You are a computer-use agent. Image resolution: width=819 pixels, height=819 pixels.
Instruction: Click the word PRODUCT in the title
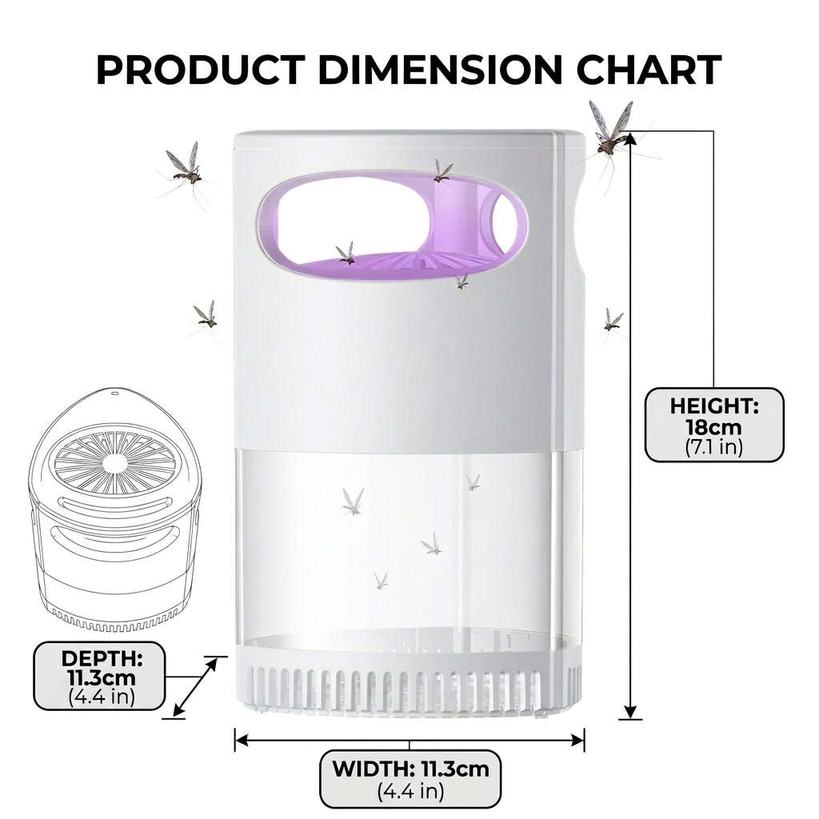[201, 70]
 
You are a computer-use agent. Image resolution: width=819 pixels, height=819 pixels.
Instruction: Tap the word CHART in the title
[649, 70]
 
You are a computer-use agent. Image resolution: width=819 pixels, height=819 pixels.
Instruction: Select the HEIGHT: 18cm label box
[714, 425]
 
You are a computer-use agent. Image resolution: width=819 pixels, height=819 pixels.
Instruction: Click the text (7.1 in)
[713, 448]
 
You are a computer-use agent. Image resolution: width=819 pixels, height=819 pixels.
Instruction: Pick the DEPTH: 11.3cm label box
[99, 676]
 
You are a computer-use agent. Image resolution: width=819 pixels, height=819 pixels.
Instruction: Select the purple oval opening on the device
[392, 225]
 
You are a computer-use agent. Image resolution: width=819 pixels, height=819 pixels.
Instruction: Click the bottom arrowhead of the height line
[630, 711]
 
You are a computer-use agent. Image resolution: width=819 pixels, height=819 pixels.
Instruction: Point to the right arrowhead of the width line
[577, 740]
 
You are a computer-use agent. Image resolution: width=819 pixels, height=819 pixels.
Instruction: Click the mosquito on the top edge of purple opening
[441, 171]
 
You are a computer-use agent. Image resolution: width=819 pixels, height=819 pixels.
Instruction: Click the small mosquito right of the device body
[613, 322]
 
